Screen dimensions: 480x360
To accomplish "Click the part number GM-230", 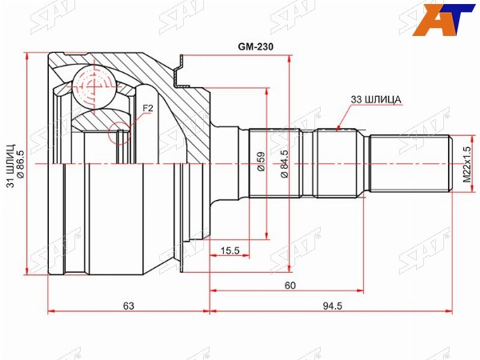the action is coord(256,46).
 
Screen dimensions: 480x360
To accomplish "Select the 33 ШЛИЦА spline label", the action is coord(376,99).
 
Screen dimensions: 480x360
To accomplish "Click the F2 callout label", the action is coord(148,108).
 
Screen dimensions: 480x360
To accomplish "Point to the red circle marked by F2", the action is coord(119,133).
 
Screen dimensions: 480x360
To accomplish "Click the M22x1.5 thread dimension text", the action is coord(466,164).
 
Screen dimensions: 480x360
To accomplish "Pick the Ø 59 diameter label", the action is coord(261,162).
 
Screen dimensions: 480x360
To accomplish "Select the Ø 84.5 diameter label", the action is coord(284,164).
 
